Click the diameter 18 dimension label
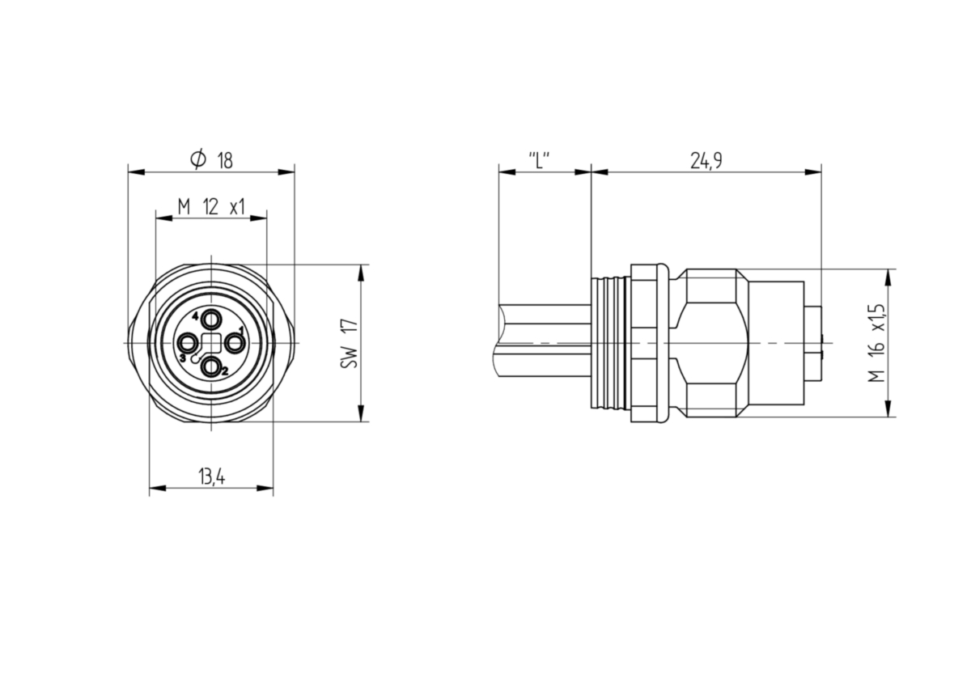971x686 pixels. click(211, 160)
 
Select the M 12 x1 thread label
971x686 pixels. click(211, 207)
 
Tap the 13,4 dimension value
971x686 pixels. click(212, 477)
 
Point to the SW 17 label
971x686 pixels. click(350, 344)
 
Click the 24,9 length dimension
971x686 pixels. click(706, 161)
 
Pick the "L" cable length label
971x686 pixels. click(539, 161)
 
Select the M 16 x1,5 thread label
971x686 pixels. click(876, 343)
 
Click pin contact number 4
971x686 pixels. click(211, 321)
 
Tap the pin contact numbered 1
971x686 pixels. click(235, 344)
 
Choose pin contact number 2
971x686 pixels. click(211, 367)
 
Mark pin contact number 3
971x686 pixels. click(188, 344)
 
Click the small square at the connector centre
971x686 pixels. click(211, 344)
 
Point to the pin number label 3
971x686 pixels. click(183, 358)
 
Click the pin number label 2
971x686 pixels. click(225, 371)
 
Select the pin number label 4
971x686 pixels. click(196, 316)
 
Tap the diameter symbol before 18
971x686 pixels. click(198, 160)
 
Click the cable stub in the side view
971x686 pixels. click(542, 341)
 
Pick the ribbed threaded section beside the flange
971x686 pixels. click(611, 343)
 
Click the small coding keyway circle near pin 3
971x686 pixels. click(195, 358)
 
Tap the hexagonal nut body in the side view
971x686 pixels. click(711, 343)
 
